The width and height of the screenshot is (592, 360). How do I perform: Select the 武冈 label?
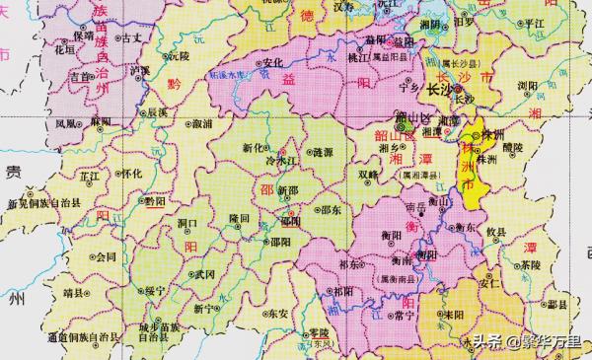click(x=203, y=274)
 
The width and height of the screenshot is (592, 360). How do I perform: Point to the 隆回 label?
click(x=238, y=216)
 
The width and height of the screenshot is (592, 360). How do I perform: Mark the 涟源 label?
click(x=322, y=153)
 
